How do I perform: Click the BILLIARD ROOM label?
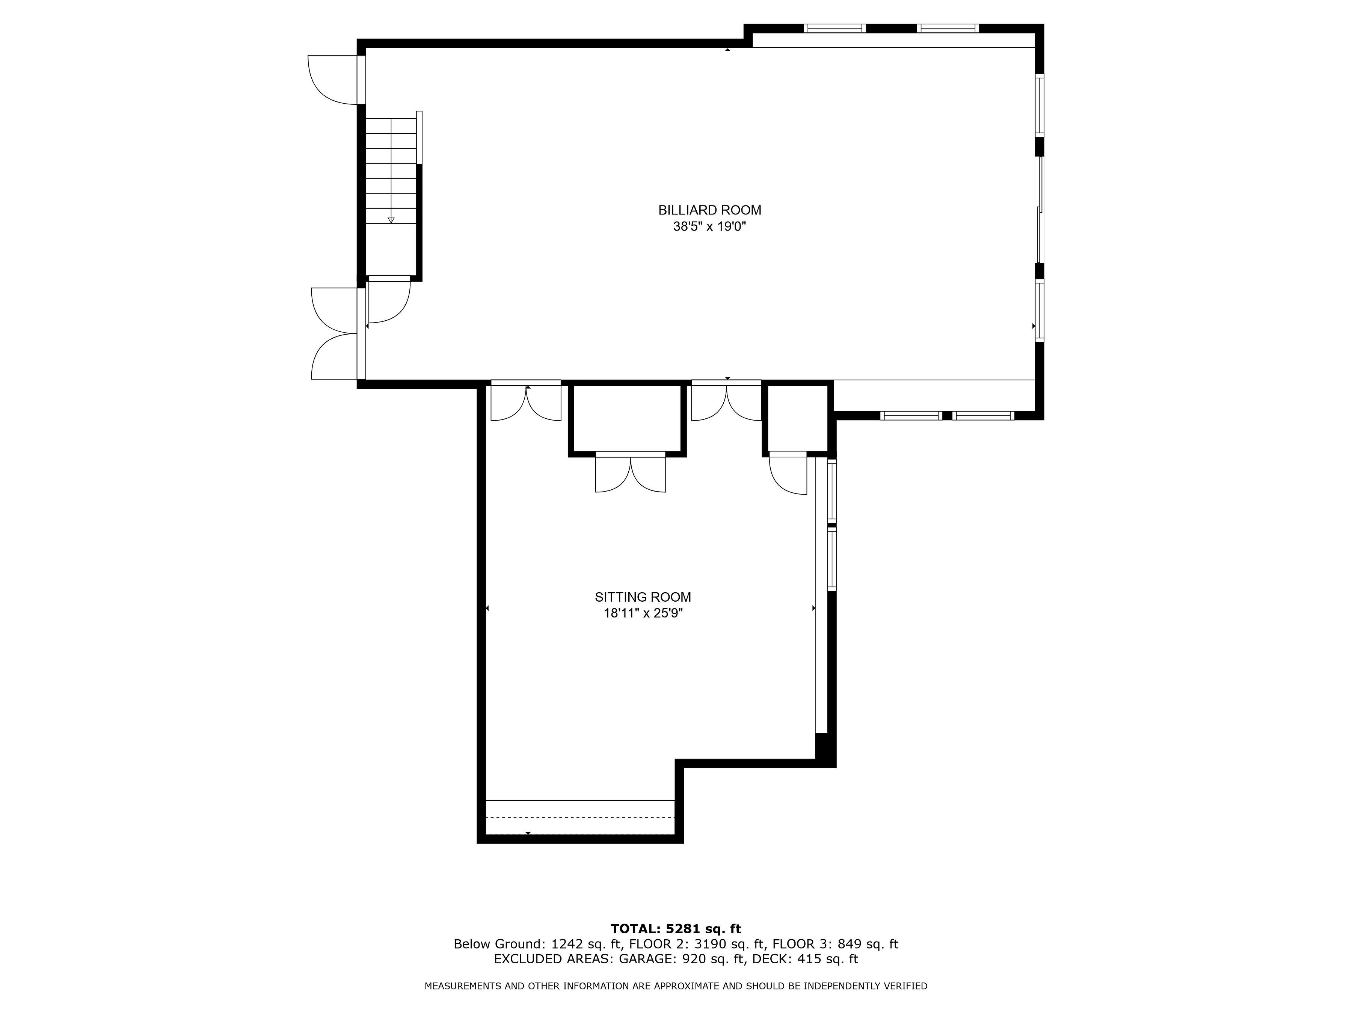tap(710, 210)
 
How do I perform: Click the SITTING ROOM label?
tap(643, 597)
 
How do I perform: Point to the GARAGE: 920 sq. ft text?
tap(683, 959)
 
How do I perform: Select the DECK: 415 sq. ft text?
tap(805, 959)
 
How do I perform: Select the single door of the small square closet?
tap(788, 473)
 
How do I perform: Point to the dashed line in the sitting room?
tap(580, 817)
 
